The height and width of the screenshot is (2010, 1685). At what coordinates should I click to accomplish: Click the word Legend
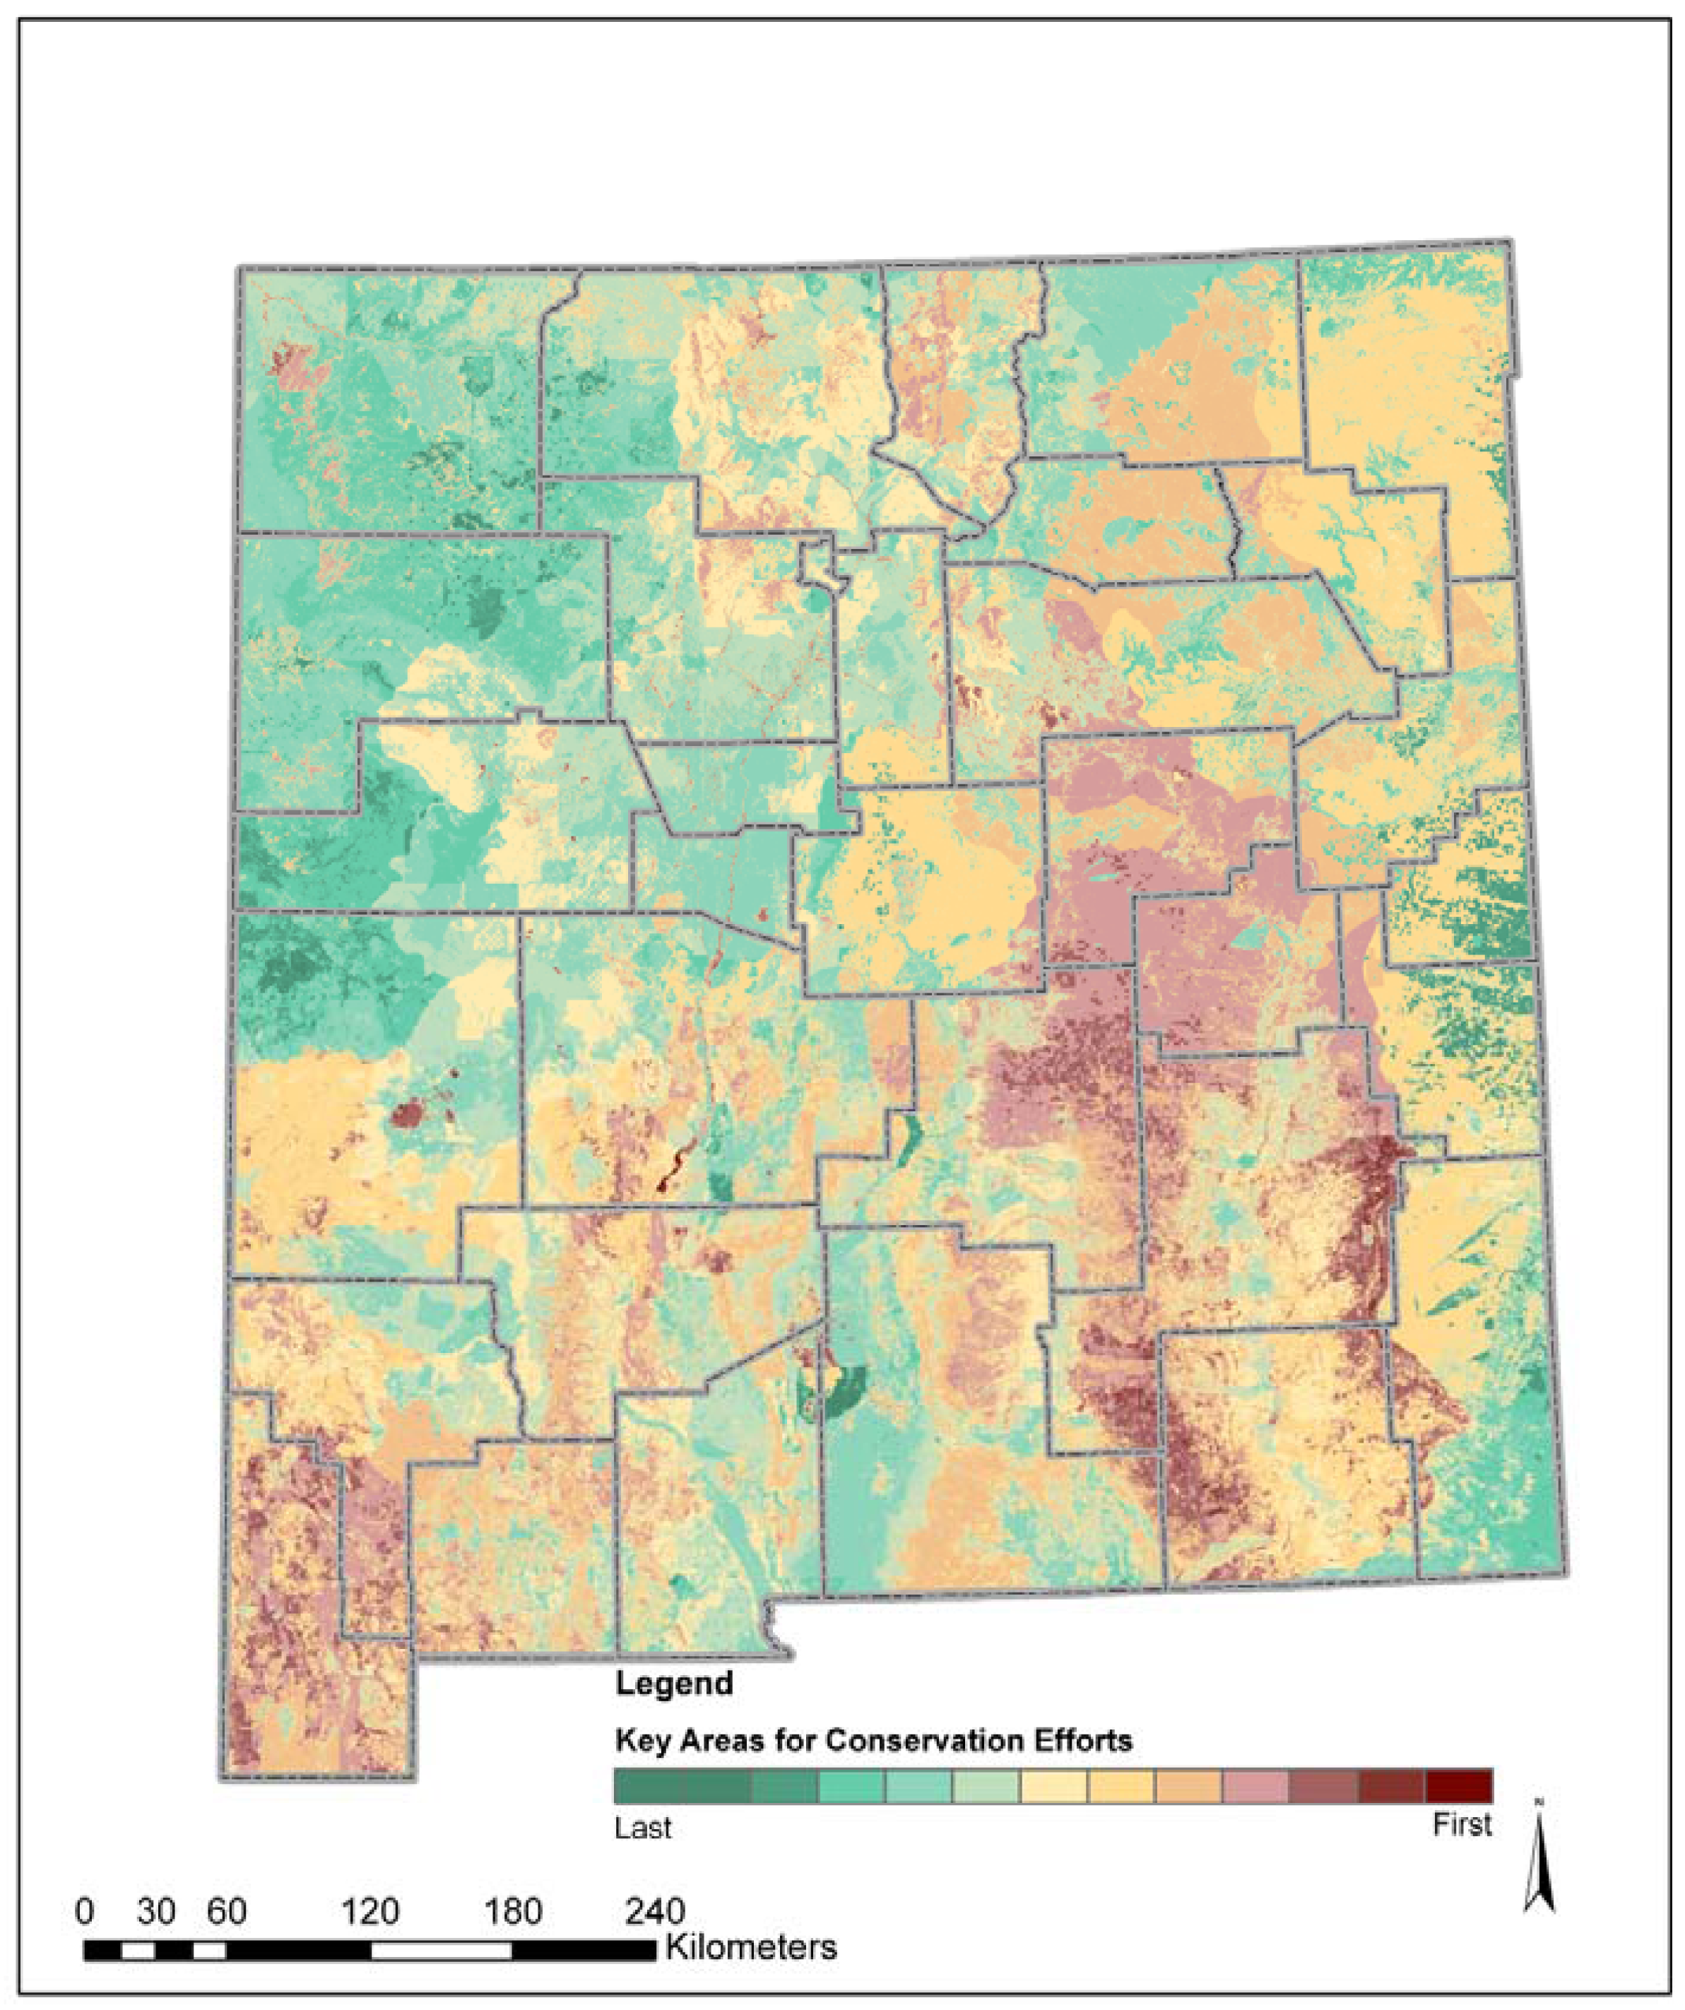[673, 1683]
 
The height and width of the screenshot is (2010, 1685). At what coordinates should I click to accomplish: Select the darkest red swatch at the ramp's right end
[1458, 1786]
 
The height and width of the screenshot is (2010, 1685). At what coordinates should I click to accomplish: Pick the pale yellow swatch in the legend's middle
[1053, 1786]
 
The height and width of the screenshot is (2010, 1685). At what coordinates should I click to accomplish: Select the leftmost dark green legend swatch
[647, 1786]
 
